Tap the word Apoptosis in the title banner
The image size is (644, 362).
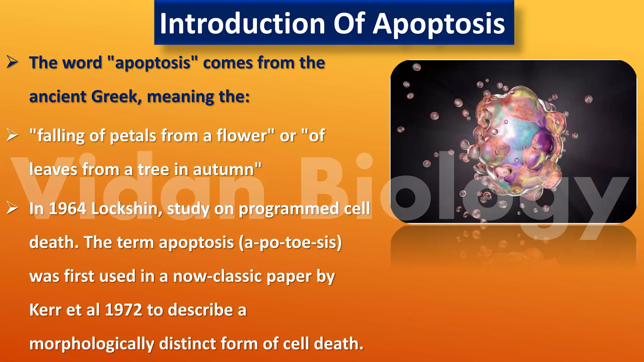(x=439, y=25)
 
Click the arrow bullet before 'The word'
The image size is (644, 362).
(x=13, y=62)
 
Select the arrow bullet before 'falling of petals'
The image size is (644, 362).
(x=13, y=135)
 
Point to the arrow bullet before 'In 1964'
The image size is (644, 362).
(x=13, y=208)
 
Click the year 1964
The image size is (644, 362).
(x=67, y=209)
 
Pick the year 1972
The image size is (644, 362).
(x=123, y=310)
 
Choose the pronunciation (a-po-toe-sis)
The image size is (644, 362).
(x=290, y=243)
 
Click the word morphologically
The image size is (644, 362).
(x=92, y=344)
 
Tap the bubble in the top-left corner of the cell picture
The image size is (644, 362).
(x=416, y=67)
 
